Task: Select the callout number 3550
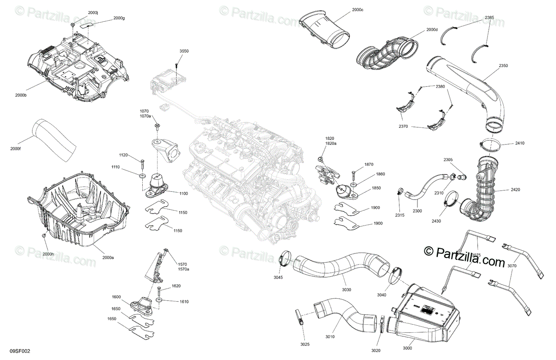(184, 51)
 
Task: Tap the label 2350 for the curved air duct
(503, 66)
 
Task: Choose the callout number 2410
(520, 143)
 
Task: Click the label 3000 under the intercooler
(408, 348)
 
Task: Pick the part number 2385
(489, 18)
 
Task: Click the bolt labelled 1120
(142, 162)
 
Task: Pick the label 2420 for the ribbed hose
(515, 190)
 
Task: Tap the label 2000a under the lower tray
(108, 257)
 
